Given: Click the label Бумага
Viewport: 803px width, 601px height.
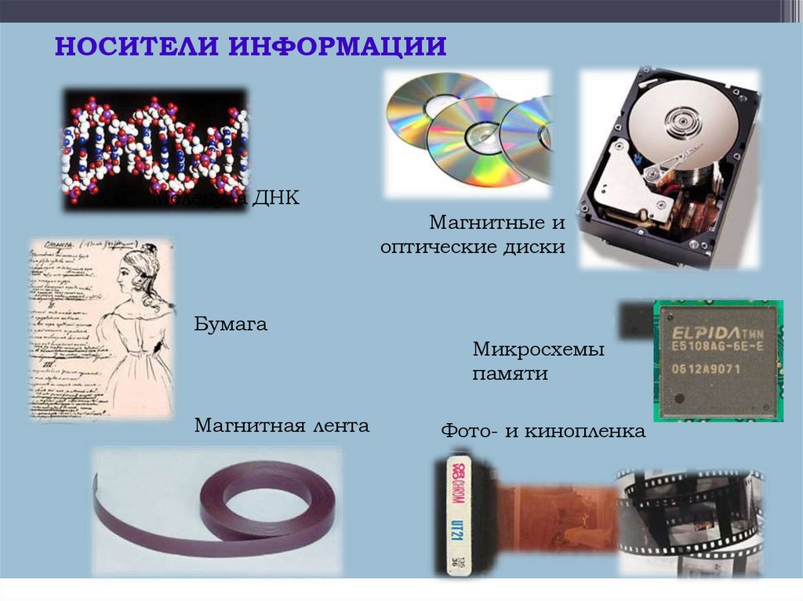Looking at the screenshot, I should click(x=231, y=324).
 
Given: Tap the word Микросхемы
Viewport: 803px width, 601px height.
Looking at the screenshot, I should click(x=538, y=349).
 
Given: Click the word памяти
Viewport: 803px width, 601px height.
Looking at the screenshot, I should click(x=510, y=374).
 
